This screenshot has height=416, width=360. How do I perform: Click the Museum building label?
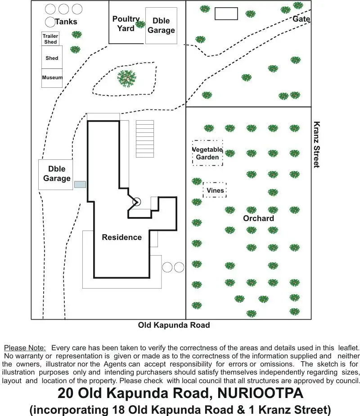tap(52, 77)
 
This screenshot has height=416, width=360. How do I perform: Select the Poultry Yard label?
tap(126, 23)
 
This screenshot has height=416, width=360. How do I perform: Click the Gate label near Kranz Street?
tap(301, 19)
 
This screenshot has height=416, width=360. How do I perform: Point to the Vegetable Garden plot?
tap(207, 153)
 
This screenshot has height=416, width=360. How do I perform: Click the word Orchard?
tap(258, 218)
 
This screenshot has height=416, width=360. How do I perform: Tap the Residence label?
tap(121, 237)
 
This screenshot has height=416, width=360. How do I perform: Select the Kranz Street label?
tap(316, 145)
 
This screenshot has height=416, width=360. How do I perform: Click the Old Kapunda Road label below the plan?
tap(174, 325)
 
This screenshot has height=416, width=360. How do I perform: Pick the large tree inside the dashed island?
tap(127, 78)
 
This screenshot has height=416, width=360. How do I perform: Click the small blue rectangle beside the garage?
tap(80, 185)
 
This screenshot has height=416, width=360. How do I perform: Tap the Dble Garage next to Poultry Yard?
tap(161, 26)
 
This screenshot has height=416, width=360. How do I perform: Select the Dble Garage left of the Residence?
tap(56, 175)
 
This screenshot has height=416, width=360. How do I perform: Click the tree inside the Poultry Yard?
tap(140, 24)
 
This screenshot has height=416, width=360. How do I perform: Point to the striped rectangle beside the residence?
tap(145, 139)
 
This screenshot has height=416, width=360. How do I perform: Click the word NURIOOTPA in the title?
tap(260, 393)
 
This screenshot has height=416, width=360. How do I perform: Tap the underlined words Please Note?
tap(25, 348)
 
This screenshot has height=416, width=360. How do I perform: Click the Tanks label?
tap(66, 22)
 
